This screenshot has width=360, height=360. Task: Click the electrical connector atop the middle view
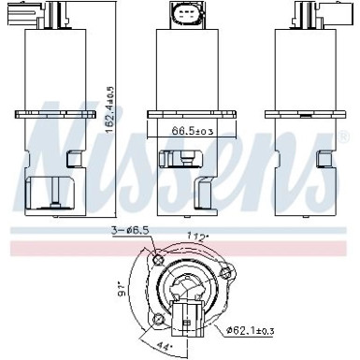click(x=183, y=15)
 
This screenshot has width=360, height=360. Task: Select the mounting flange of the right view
click(x=305, y=117)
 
